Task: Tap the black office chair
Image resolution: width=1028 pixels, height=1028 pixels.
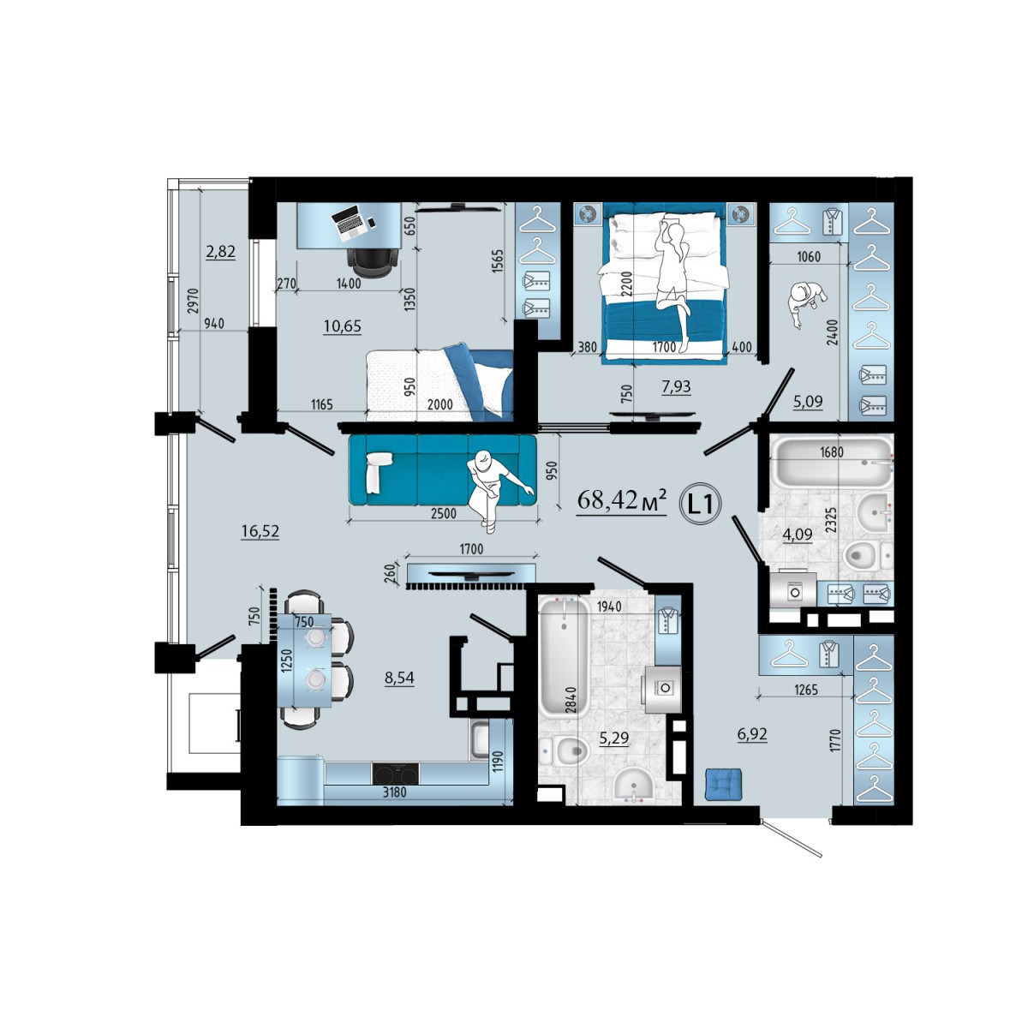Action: (x=373, y=262)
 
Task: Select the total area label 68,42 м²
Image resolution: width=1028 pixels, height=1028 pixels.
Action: (x=621, y=501)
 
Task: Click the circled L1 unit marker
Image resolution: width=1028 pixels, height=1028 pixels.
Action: (x=700, y=504)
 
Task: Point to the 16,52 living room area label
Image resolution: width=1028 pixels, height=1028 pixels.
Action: (x=260, y=531)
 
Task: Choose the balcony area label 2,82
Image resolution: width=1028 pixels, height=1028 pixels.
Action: (x=220, y=251)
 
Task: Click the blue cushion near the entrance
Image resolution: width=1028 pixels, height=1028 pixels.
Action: (x=723, y=784)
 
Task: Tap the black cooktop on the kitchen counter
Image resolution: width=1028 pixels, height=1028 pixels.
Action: (x=396, y=774)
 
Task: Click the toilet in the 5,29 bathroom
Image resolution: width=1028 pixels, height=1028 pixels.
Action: (x=564, y=751)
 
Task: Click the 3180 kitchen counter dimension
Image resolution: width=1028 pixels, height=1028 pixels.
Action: (x=395, y=792)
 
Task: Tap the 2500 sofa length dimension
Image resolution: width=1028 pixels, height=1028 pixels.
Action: (x=443, y=513)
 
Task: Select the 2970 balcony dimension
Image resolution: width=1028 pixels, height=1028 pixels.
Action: (x=193, y=302)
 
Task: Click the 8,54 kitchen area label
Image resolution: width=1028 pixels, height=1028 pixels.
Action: (x=399, y=678)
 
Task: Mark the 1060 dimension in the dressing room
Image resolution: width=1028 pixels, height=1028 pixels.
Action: (x=809, y=257)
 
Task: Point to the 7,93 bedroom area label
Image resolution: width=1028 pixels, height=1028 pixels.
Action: (x=677, y=386)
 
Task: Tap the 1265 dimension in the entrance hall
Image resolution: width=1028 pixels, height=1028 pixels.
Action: (x=805, y=690)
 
